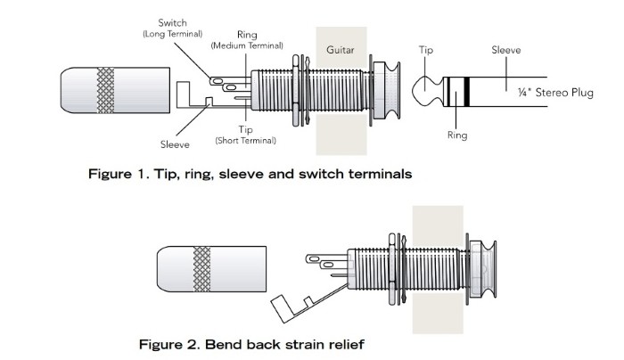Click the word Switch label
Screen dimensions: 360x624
[172, 22]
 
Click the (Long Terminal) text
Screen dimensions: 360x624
[172, 33]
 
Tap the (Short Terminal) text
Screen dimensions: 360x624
[245, 141]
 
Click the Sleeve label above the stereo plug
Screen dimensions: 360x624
[505, 51]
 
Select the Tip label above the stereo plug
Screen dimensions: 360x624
[426, 51]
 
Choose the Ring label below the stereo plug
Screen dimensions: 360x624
[456, 136]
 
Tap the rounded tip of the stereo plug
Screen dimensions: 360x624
[423, 91]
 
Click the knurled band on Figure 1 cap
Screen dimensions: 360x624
[106, 90]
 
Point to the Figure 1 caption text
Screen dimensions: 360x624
[250, 174]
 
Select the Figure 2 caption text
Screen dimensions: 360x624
[251, 343]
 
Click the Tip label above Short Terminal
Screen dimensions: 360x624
[245, 130]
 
